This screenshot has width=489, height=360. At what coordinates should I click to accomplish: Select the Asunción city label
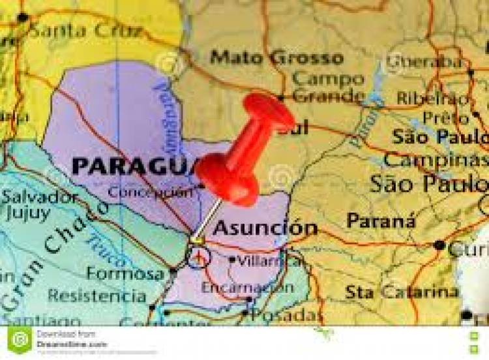265,228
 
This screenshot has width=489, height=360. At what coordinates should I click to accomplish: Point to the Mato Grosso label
277,57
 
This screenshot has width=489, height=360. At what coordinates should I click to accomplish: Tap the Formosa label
125,273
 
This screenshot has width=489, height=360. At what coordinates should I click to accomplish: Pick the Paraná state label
381,221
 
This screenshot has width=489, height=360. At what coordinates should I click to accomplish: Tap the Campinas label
436,160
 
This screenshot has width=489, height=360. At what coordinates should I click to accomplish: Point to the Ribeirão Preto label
443,108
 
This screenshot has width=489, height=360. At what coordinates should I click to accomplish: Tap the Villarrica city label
261,261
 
